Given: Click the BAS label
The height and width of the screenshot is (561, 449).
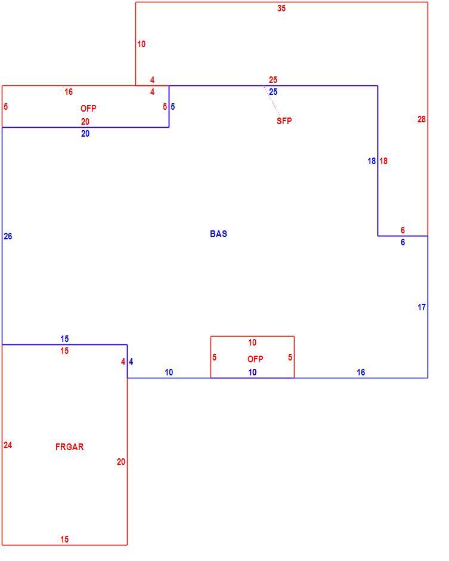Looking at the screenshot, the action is (x=218, y=233).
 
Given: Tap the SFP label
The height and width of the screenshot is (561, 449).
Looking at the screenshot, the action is (x=284, y=121).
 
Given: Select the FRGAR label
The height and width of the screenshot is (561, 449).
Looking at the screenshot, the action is (x=70, y=446).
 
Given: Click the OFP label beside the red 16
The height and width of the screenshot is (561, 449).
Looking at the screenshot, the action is (x=88, y=109).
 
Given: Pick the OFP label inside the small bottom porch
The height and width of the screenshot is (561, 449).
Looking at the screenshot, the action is (x=255, y=359).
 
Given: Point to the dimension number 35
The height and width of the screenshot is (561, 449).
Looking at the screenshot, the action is (x=281, y=8).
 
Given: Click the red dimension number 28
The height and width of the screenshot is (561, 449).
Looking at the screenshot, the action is (x=422, y=119).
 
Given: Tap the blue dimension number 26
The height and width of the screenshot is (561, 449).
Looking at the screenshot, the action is (x=8, y=236).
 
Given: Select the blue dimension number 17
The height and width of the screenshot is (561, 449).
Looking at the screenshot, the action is (x=422, y=307).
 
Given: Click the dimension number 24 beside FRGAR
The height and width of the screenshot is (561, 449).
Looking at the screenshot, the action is (x=8, y=445).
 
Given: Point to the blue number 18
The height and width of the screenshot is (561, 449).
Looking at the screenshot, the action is (x=372, y=161).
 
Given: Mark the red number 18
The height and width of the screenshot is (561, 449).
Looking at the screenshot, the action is (x=383, y=161).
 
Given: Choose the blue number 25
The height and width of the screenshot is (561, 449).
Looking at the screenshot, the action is (x=273, y=92).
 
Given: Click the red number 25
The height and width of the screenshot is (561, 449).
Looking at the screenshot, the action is (x=273, y=80).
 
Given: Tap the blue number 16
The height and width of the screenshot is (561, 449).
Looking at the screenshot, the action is (x=361, y=372).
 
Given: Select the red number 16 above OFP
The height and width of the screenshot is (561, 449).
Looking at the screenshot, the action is (x=69, y=92).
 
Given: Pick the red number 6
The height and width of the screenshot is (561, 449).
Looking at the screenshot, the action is (x=403, y=230).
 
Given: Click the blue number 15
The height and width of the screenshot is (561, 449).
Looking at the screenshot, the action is (x=64, y=339).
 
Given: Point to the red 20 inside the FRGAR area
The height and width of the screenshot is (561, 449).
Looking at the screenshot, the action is (x=121, y=462).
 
